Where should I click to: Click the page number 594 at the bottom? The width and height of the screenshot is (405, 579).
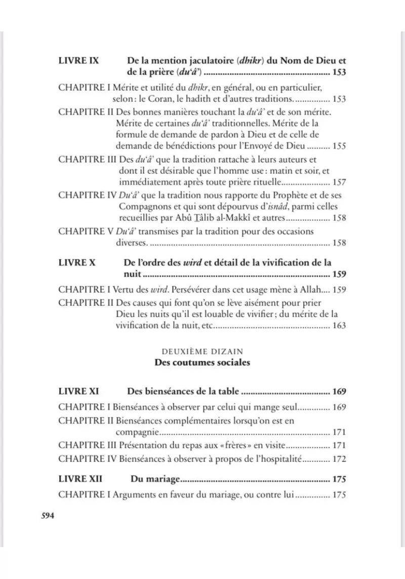[47, 516]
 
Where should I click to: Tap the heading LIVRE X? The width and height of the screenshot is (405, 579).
[76, 262]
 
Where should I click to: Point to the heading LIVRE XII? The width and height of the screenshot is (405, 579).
[80, 478]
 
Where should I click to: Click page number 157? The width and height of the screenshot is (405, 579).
[339, 182]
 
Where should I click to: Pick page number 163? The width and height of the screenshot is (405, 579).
[339, 326]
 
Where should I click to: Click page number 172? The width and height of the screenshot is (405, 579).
[339, 459]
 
